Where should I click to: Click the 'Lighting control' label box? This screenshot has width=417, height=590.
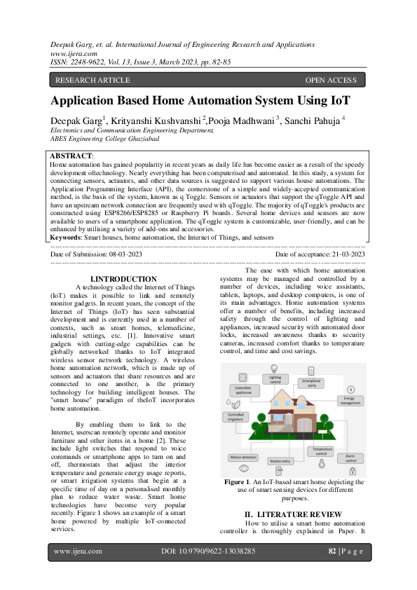(x=275, y=380)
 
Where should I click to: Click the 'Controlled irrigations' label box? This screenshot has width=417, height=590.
(x=236, y=417)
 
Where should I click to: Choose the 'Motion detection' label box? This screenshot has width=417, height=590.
(x=242, y=457)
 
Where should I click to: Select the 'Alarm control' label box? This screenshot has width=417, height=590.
(x=350, y=458)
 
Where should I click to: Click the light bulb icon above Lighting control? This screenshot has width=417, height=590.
(x=275, y=369)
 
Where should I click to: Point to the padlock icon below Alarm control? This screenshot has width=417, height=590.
(x=350, y=469)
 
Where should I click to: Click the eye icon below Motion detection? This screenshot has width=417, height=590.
(x=243, y=467)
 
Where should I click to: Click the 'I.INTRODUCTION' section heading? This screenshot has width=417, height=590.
(x=124, y=279)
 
